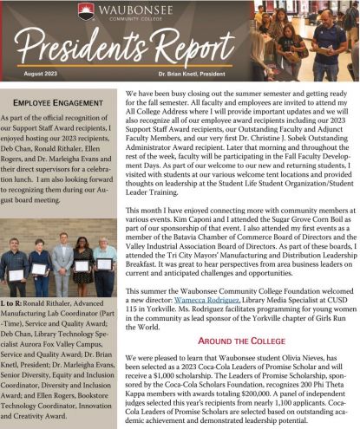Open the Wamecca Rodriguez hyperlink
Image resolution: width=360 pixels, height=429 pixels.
click(x=213, y=281)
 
